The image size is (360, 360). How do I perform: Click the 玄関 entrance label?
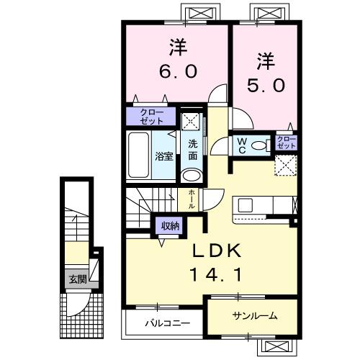[x=77, y=279]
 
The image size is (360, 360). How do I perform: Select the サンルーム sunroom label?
[x=255, y=316]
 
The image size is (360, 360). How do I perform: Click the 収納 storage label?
[x=171, y=227]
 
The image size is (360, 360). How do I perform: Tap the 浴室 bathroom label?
[x=164, y=156]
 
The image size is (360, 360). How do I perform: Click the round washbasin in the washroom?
[x=192, y=175]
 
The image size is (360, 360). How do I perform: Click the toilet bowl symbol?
[x=261, y=145]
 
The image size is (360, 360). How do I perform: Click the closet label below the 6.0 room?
[x=152, y=117]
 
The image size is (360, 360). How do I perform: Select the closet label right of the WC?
[x=286, y=142]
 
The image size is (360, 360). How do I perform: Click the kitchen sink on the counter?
[x=245, y=204]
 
